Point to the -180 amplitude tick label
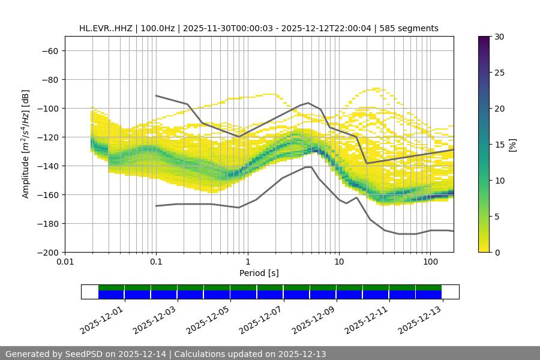click(48, 224)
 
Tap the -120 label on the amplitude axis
click(48, 137)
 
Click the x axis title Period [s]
click(259, 273)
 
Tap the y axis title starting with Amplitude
click(25, 144)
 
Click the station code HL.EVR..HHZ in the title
click(106, 28)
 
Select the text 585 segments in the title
click(413, 28)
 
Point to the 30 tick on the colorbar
click(499, 37)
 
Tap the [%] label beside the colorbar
click(512, 144)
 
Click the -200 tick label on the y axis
click(48, 253)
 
